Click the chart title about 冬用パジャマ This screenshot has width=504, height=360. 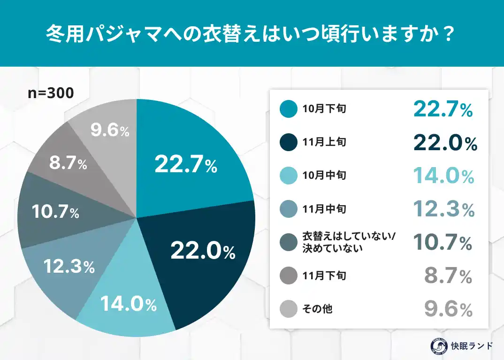pyautogui.click(x=252, y=34)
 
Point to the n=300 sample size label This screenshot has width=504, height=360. pyautogui.click(x=50, y=93)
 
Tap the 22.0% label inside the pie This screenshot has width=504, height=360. pyautogui.click(x=202, y=252)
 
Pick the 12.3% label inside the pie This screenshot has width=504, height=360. pyautogui.click(x=69, y=267)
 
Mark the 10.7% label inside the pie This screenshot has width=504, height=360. pyautogui.click(x=55, y=212)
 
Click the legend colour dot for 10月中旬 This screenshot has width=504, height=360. pyautogui.click(x=288, y=176)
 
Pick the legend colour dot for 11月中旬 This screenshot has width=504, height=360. pyautogui.click(x=288, y=209)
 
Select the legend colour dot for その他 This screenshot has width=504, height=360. pyautogui.click(x=288, y=309)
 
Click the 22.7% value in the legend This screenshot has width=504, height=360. pyautogui.click(x=443, y=109)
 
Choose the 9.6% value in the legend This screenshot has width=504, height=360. pyautogui.click(x=448, y=309)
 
